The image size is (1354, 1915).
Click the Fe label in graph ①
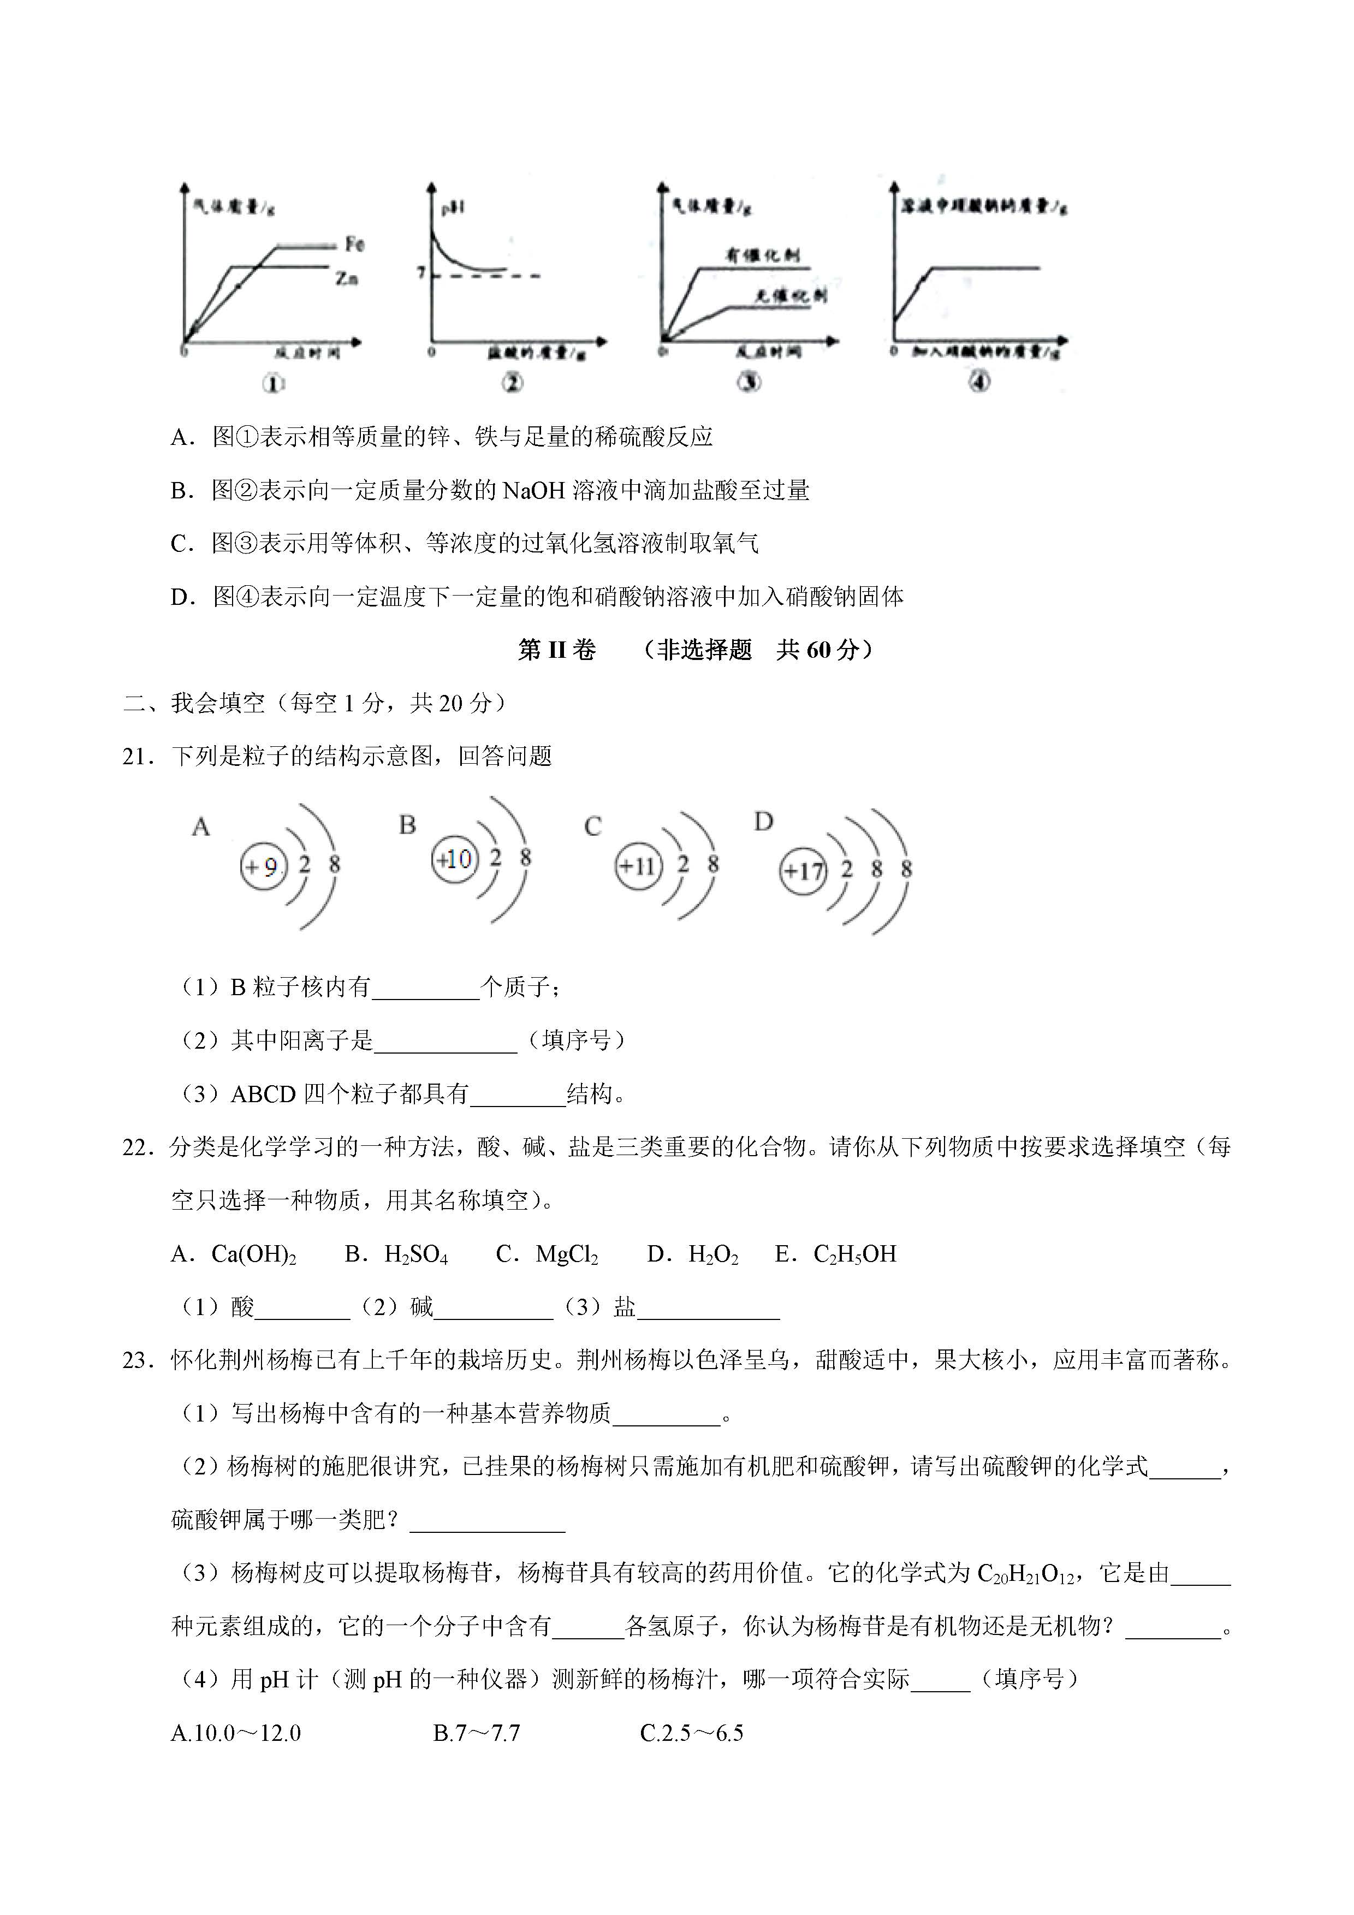(354, 245)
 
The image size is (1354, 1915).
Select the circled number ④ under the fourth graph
(979, 382)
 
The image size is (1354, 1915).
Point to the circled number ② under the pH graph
(512, 383)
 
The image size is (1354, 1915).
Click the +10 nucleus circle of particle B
(455, 859)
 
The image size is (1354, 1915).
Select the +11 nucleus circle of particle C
(638, 866)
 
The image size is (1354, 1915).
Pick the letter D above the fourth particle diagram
(763, 822)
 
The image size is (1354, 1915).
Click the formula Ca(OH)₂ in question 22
(254, 1254)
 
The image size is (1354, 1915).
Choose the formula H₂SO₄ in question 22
(415, 1254)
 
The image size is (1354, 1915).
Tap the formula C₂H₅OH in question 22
(854, 1254)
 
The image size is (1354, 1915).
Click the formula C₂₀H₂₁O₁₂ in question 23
(1025, 1574)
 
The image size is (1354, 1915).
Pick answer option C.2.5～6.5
(692, 1734)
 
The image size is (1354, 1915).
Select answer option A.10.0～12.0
(235, 1734)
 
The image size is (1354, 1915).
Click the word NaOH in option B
(534, 490)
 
